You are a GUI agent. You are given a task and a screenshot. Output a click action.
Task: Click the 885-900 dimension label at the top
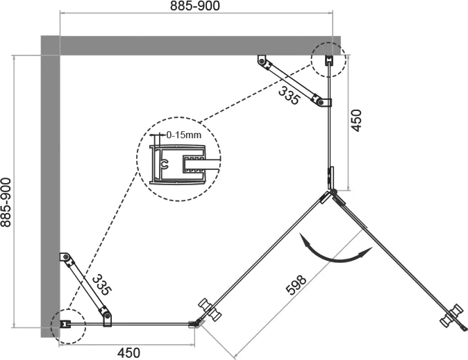(x=195, y=6)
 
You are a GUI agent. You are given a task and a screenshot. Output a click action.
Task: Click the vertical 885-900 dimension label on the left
(x=6, y=203)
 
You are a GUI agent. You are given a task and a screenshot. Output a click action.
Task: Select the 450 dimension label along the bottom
(x=128, y=353)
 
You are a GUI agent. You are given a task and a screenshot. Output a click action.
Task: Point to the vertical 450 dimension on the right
(x=356, y=120)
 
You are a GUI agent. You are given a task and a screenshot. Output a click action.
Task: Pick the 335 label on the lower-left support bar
(x=102, y=285)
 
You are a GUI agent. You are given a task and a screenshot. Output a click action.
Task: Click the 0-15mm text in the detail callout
(x=184, y=135)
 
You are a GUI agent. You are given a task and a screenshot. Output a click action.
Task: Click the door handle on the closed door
(x=210, y=309)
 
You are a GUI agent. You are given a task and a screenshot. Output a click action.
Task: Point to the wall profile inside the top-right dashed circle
(x=328, y=60)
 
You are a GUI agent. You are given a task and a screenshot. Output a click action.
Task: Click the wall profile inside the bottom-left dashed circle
(x=65, y=324)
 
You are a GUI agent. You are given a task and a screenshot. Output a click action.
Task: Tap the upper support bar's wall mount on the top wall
(x=262, y=60)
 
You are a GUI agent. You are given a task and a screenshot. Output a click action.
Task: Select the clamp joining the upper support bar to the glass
(x=323, y=102)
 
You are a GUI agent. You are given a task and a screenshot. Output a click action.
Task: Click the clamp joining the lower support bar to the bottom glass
(x=107, y=318)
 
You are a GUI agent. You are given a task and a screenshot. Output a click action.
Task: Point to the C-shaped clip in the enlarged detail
(x=164, y=164)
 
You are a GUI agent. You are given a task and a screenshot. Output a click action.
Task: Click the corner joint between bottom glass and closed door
(x=195, y=324)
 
